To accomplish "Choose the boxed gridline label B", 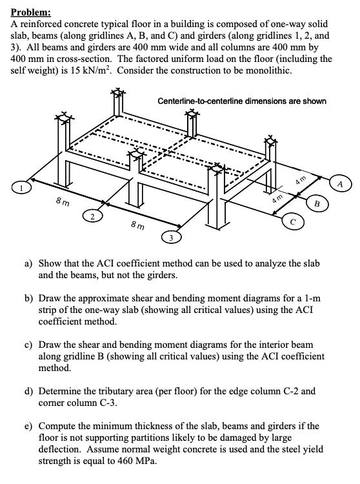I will pyautogui.click(x=317, y=206).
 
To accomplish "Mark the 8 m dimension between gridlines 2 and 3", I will pyautogui.click(x=136, y=227).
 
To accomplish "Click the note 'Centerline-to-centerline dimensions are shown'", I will pyautogui.click(x=242, y=101).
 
